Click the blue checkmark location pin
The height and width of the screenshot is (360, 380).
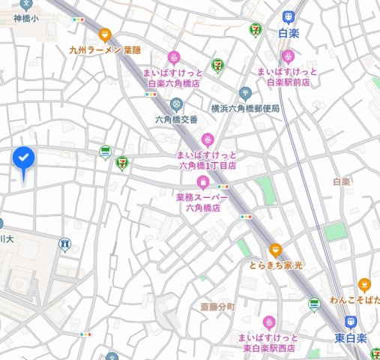click(24, 159)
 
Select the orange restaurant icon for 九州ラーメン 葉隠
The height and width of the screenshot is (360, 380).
click(104, 34)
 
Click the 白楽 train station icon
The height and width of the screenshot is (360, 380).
click(289, 17)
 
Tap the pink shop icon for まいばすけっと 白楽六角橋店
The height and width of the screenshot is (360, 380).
click(174, 57)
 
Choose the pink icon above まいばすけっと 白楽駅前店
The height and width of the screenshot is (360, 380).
click(288, 56)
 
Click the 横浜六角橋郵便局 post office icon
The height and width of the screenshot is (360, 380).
click(244, 94)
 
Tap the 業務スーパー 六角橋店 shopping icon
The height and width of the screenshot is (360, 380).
click(202, 182)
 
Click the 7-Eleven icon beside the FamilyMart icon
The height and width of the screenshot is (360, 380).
click(121, 160)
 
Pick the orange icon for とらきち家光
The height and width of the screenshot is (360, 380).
click(276, 250)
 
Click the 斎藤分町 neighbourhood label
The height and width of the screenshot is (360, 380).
click(217, 307)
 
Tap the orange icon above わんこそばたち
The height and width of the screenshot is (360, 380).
click(364, 285)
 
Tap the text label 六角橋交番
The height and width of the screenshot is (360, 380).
click(176, 119)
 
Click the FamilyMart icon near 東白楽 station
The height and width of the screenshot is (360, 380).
click(314, 304)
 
